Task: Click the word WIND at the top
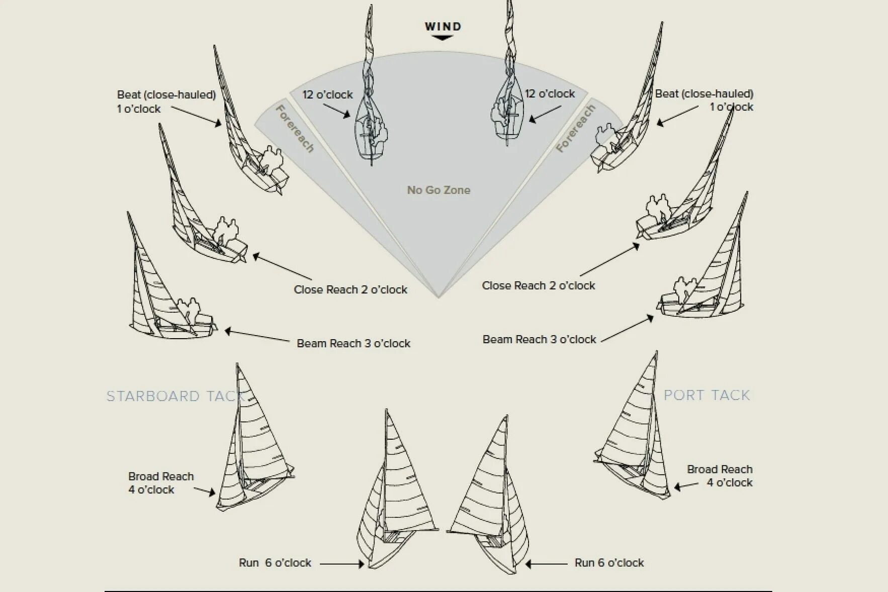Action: pyautogui.click(x=442, y=26)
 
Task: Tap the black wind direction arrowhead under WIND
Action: pyautogui.click(x=442, y=38)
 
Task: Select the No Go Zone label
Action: pyautogui.click(x=438, y=190)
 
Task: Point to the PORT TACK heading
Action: pyautogui.click(x=707, y=395)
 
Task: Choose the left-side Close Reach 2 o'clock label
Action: pyautogui.click(x=350, y=289)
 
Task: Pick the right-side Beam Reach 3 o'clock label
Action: pyautogui.click(x=539, y=339)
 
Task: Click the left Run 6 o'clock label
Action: pyautogui.click(x=275, y=563)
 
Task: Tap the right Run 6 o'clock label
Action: pyautogui.click(x=609, y=563)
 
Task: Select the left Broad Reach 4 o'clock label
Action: pyautogui.click(x=161, y=483)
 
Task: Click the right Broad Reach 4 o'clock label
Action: pyautogui.click(x=720, y=476)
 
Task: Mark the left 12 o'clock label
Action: pyautogui.click(x=327, y=94)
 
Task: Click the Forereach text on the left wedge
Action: pyautogui.click(x=296, y=129)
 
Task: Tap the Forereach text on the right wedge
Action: pyautogui.click(x=576, y=128)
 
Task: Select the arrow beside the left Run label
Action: pyautogui.click(x=342, y=564)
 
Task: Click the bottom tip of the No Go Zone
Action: pyautogui.click(x=438, y=297)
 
